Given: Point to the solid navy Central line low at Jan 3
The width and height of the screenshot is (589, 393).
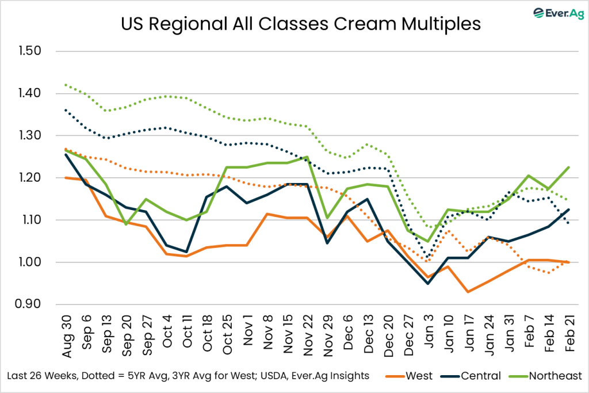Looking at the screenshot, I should point(428,283).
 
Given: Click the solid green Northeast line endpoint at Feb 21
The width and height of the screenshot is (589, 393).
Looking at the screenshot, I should point(568,167).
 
